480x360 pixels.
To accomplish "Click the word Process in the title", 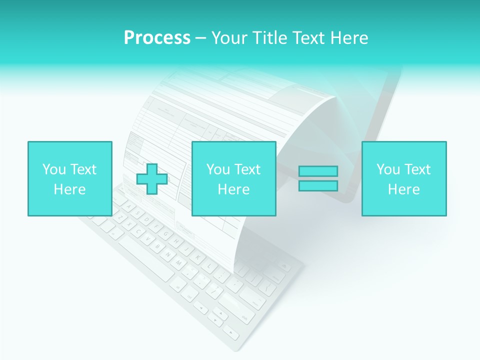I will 157,38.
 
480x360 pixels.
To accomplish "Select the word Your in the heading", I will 229,38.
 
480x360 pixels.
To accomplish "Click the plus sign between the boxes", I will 152,179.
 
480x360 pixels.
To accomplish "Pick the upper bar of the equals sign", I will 318,171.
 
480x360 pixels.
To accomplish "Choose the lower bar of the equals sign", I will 318,185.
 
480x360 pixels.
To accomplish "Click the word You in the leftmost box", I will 54,169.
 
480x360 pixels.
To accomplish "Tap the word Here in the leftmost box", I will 69,189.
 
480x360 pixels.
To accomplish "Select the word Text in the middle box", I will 247,169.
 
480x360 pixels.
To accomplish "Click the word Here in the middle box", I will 233,189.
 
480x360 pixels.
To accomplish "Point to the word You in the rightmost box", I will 388,169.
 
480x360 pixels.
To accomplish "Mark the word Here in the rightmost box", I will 403,189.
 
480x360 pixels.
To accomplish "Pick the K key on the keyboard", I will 197,257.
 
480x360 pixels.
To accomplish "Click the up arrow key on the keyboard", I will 220,311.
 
